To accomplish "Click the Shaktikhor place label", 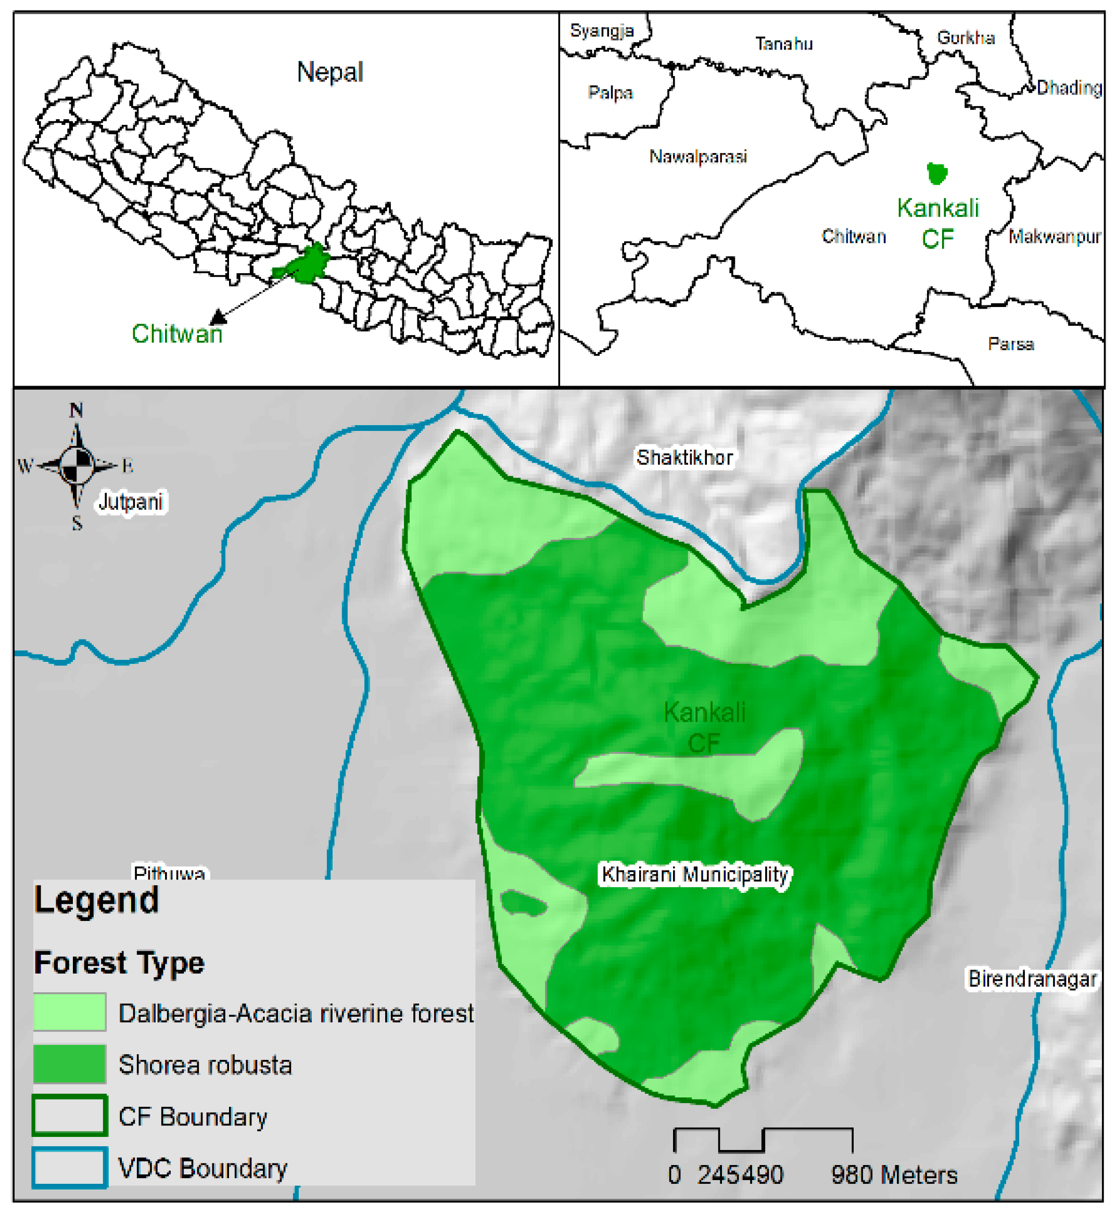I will click(684, 457).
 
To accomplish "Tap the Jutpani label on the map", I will click(131, 502).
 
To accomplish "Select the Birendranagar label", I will click(1032, 979).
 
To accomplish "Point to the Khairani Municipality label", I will click(695, 874).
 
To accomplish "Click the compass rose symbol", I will click(77, 465).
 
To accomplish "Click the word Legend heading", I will click(97, 901).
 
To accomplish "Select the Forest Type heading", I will click(119, 963).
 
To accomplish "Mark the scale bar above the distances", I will click(763, 1139).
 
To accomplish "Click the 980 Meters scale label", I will click(894, 1175).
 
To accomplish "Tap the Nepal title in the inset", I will click(329, 72).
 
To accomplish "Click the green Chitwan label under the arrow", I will click(177, 334).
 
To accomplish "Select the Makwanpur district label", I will click(1055, 237).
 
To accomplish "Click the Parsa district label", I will click(1011, 344).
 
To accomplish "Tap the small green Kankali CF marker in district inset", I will click(936, 174).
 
